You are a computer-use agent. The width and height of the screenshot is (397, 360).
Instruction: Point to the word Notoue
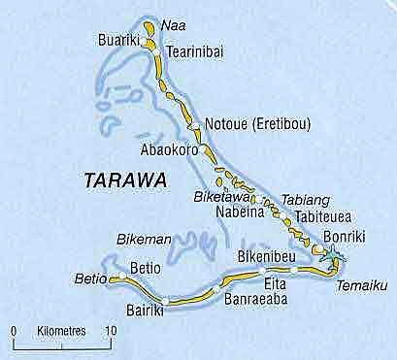coord(230,125)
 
